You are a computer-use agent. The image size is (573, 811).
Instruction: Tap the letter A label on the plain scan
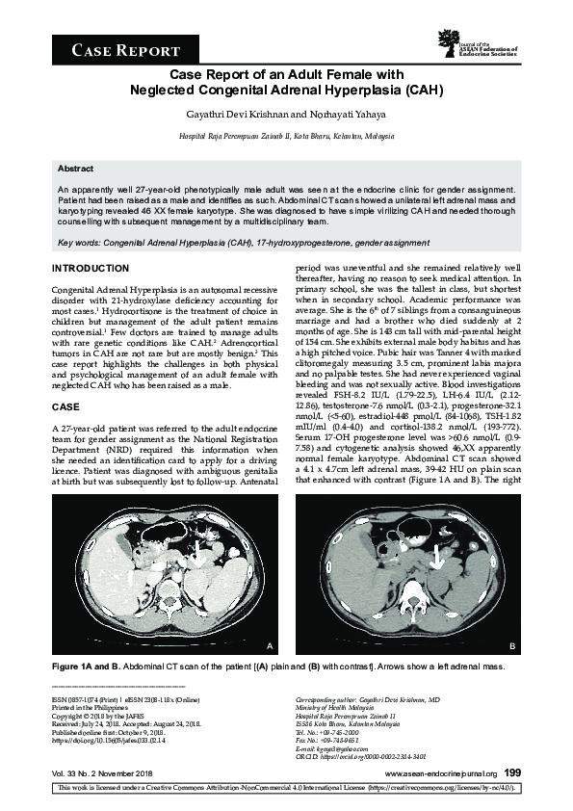(x=270, y=644)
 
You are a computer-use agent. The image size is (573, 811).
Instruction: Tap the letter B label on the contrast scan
(x=511, y=644)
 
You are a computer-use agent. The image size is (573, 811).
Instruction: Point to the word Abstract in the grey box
(x=76, y=168)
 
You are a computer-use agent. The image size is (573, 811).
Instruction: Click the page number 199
(x=512, y=772)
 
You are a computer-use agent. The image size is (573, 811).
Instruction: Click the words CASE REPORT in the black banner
(x=126, y=50)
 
